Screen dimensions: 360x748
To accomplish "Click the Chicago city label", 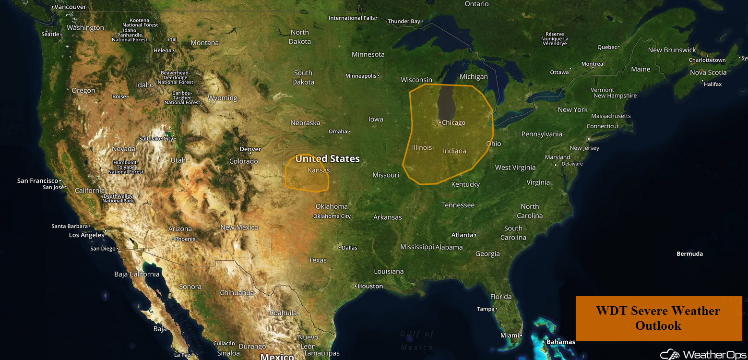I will (453, 123).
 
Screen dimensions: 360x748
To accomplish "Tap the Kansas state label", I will (319, 170).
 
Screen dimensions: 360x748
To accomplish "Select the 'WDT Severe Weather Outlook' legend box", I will (658, 318).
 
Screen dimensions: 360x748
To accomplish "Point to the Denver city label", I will (250, 149).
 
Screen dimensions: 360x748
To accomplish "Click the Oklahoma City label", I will (332, 216).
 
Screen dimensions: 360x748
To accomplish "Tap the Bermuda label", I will (689, 254).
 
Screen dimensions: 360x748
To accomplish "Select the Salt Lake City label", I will (156, 139).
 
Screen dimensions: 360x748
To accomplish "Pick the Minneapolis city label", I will (361, 76).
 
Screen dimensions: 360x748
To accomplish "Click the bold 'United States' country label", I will (328, 159).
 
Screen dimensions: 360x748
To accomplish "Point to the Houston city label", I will (370, 286).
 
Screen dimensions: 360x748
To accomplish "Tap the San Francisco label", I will (37, 181).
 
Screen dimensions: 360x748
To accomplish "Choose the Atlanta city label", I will (463, 235).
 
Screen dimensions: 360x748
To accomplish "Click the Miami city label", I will (510, 336).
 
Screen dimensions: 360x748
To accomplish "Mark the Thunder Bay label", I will (404, 21).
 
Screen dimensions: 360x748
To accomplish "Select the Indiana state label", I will (454, 151).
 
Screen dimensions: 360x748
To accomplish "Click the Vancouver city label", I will (70, 7).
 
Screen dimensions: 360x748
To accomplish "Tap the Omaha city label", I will (338, 132).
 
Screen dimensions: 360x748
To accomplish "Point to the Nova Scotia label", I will (708, 72).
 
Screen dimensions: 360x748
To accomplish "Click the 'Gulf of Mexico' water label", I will (417, 340).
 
